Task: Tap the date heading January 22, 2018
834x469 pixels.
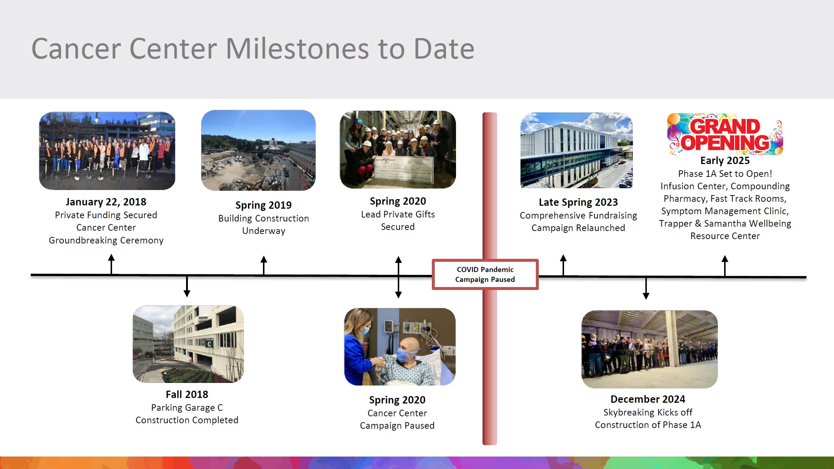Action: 106,202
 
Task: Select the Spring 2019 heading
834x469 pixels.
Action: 263,205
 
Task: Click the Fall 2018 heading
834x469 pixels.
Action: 187,394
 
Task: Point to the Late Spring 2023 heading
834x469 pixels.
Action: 578,202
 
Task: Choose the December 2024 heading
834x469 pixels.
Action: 648,399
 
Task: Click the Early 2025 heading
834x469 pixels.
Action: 725,160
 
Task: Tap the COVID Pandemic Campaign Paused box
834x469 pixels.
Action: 485,275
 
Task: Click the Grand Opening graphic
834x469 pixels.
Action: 725,134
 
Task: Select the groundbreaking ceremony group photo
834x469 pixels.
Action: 107,151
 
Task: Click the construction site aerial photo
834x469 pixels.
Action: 258,150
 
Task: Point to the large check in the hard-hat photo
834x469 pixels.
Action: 404,170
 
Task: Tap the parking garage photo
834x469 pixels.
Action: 188,344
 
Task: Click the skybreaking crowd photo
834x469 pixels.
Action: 649,349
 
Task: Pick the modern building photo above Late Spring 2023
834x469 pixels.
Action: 577,150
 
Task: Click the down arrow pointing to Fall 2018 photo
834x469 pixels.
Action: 187,286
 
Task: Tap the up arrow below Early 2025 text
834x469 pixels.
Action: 724,266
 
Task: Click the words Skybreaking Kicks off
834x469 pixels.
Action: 648,412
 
